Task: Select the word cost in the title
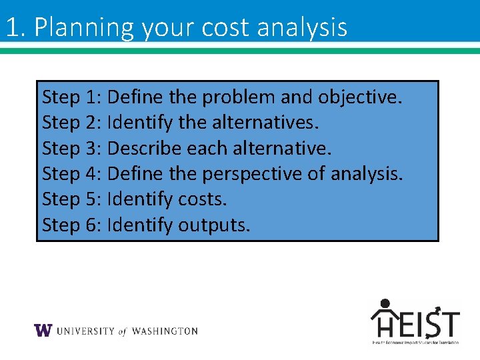tap(219, 27)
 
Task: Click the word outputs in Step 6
tap(214, 225)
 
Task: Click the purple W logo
tap(43, 331)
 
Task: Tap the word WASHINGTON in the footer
tap(165, 331)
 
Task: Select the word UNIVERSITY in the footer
tap(86, 331)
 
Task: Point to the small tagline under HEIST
tap(415, 342)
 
